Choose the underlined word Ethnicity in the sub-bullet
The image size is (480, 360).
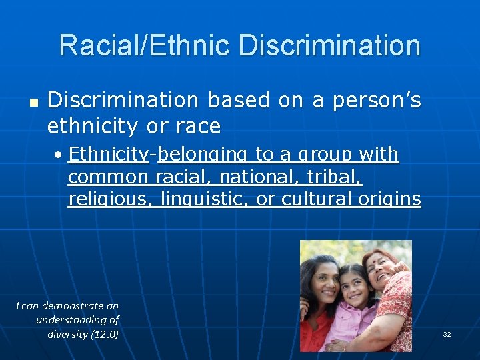(108, 155)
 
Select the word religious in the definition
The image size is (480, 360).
(109, 200)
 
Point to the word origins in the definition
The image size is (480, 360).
(392, 200)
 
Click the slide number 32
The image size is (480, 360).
(447, 334)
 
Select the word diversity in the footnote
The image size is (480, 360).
(67, 334)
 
